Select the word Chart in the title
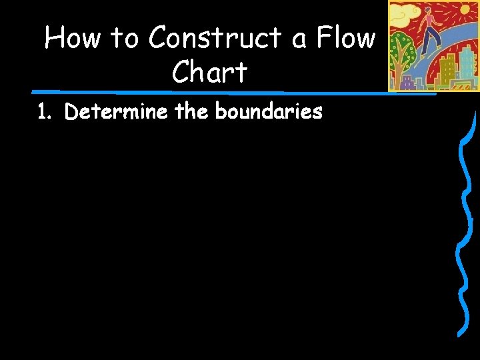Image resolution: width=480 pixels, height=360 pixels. [209, 72]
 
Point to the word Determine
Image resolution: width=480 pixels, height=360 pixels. [116, 111]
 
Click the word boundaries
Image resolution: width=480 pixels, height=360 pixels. [269, 111]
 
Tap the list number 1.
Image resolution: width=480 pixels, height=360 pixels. [43, 112]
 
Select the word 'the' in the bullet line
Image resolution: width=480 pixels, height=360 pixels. [192, 111]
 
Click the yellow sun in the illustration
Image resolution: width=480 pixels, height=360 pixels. [464, 9]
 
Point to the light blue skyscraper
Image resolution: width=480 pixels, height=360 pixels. [467, 64]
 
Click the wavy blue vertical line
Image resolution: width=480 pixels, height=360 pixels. [463, 227]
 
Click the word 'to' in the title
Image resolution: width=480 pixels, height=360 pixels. [123, 38]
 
